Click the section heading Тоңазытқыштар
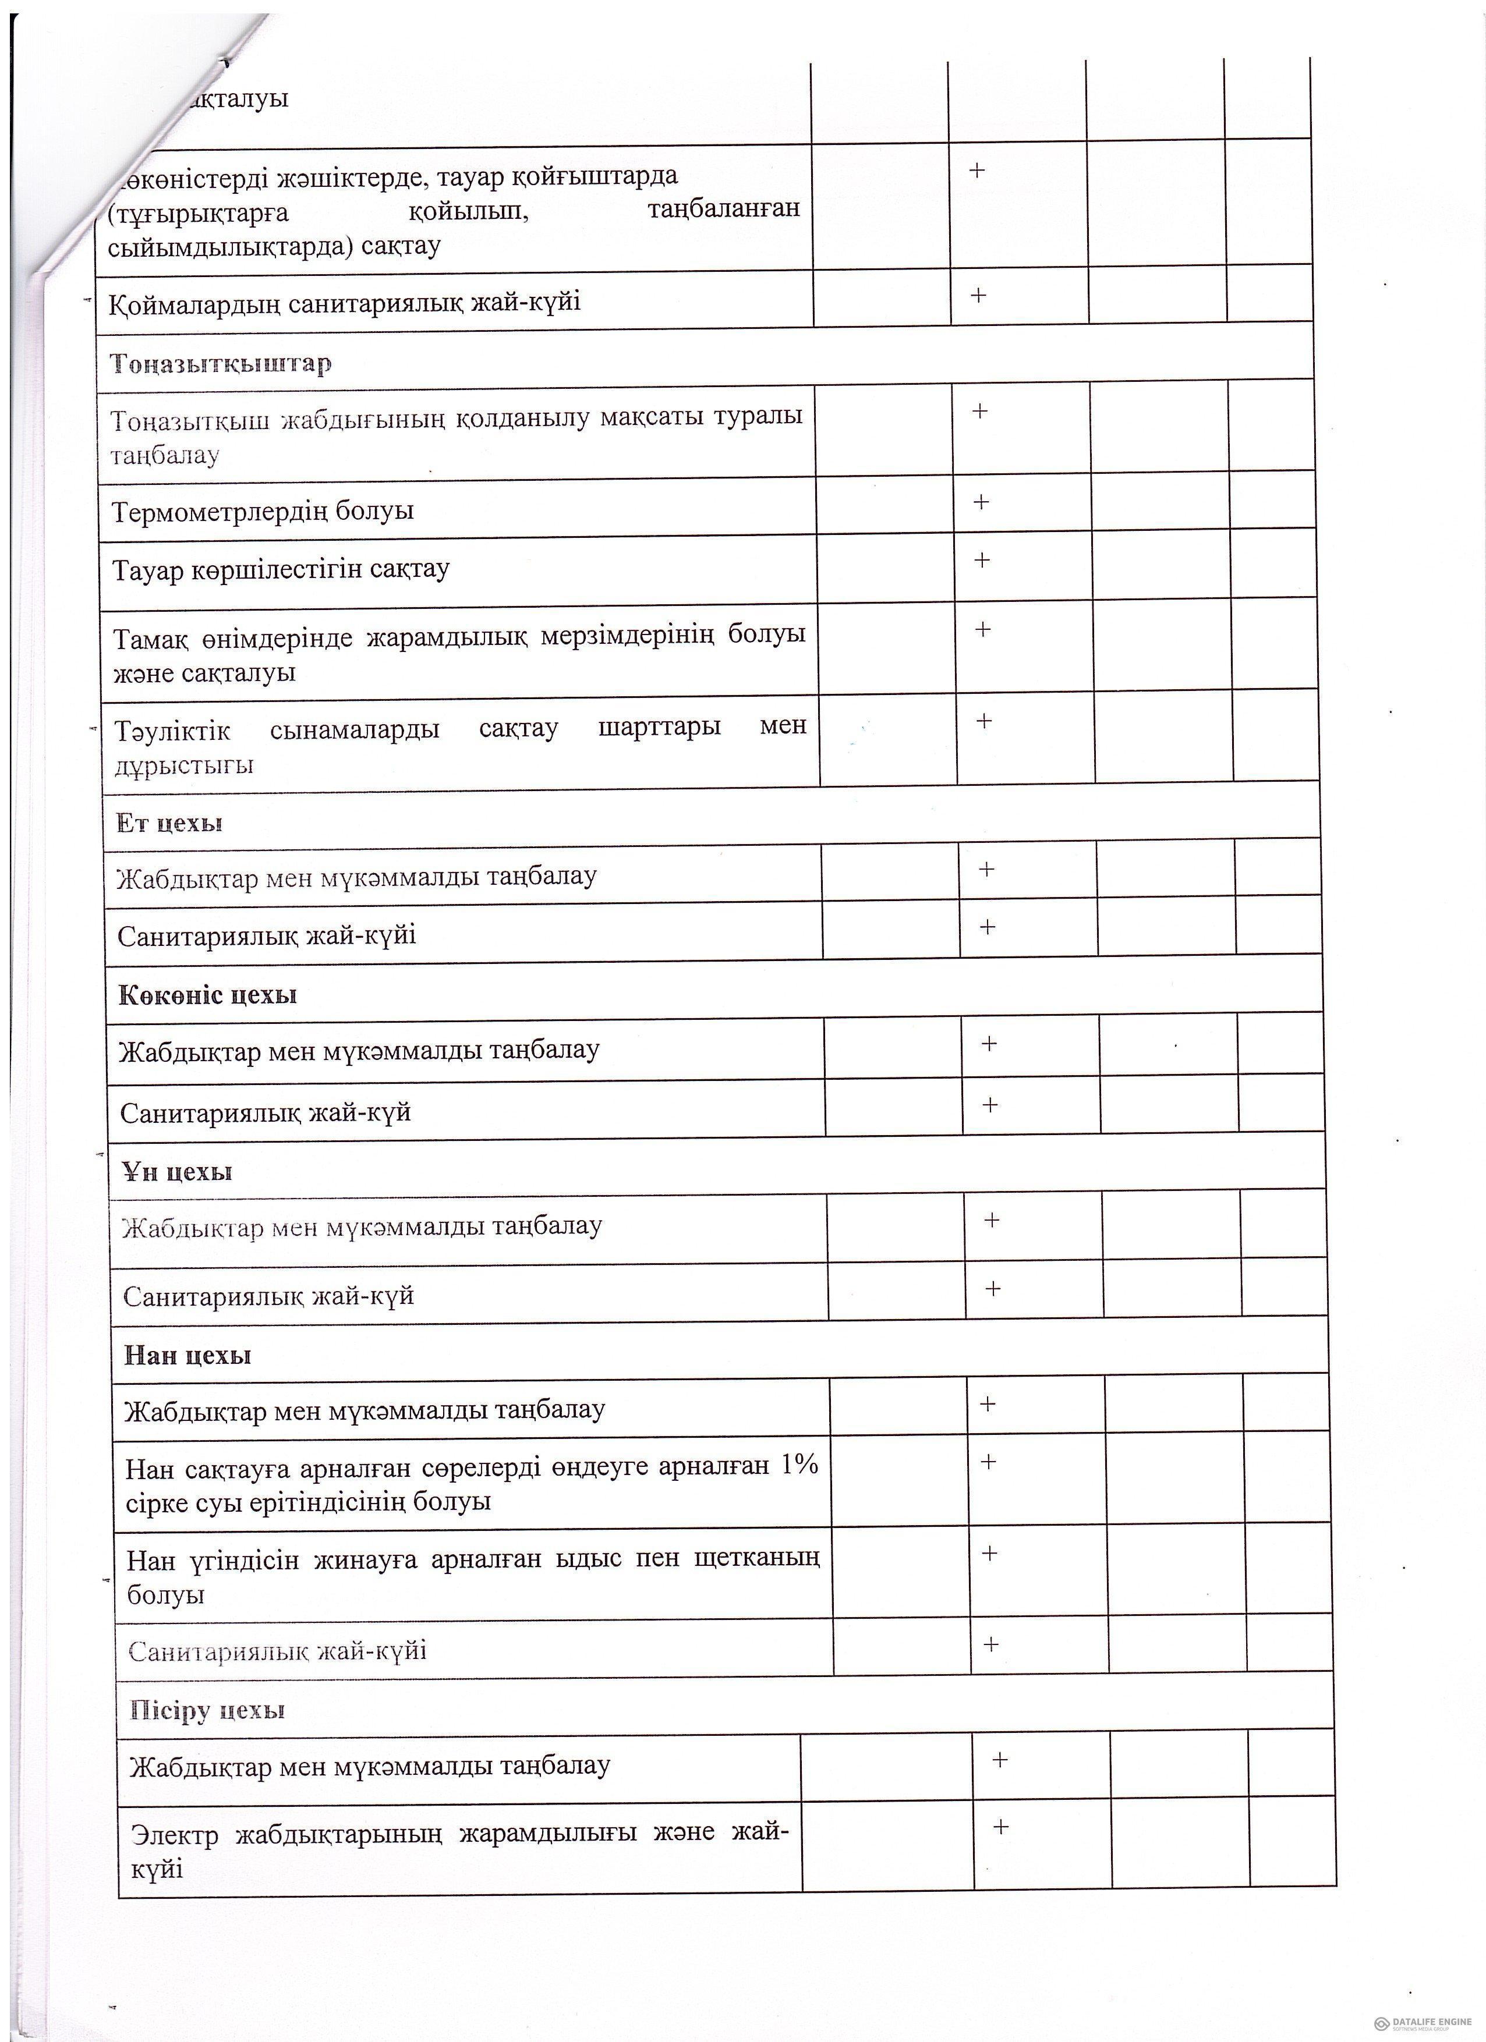click(221, 364)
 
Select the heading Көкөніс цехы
click(207, 995)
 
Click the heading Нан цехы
click(187, 1355)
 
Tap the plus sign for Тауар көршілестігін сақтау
click(982, 560)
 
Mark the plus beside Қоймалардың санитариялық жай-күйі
click(978, 295)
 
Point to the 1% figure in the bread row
click(799, 1465)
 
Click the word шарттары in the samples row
click(659, 726)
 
